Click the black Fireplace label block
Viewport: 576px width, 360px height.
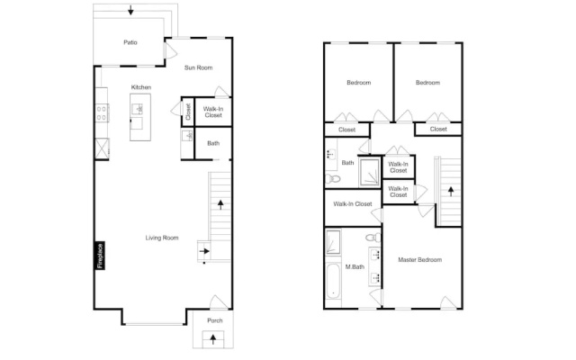coord(100,256)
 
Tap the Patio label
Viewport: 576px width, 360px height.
coord(130,42)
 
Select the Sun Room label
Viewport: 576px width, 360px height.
coord(198,67)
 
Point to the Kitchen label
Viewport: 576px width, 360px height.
coord(141,87)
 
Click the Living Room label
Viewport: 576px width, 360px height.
coord(162,238)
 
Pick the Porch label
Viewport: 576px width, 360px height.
coord(215,320)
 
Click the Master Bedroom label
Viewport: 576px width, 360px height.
coord(420,260)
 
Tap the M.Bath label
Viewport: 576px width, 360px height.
coord(355,267)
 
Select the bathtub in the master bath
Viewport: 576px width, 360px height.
coord(334,281)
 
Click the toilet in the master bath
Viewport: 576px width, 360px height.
coord(374,238)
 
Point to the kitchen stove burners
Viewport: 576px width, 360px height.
coord(102,113)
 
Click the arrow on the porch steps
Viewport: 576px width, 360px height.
coord(213,339)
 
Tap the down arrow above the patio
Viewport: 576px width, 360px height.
coord(130,10)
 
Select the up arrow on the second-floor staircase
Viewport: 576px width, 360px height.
coord(451,192)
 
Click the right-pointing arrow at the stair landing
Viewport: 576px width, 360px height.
coord(204,251)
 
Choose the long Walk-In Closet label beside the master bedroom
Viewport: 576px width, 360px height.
coord(353,204)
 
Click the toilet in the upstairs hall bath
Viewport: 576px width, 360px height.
coord(333,179)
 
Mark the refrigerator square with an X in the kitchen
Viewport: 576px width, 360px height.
coord(102,148)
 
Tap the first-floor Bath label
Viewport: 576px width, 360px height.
coord(213,143)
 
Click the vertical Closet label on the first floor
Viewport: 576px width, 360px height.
coord(188,112)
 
